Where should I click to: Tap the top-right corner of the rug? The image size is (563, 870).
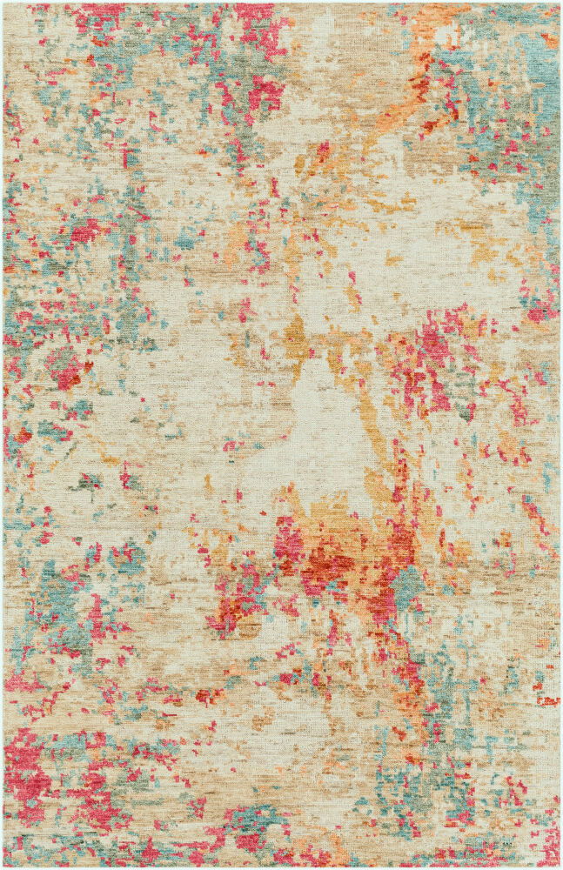click(559, 3)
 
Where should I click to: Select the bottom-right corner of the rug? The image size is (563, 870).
click(559, 866)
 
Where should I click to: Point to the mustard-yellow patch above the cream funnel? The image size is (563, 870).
click(296, 335)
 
